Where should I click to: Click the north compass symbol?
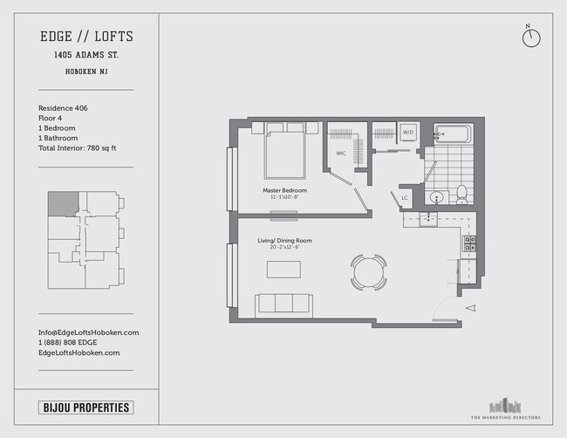(x=531, y=38)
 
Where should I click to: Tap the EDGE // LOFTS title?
(x=86, y=37)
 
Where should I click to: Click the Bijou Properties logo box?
(x=86, y=407)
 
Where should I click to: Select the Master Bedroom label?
(x=283, y=189)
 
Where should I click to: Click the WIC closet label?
(x=343, y=156)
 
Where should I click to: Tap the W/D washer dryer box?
(x=408, y=133)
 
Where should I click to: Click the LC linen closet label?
(x=405, y=198)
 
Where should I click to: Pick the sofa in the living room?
(x=283, y=305)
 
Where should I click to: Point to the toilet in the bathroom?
(x=461, y=193)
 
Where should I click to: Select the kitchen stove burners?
(x=469, y=243)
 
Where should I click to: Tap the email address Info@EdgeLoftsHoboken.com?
(x=88, y=332)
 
